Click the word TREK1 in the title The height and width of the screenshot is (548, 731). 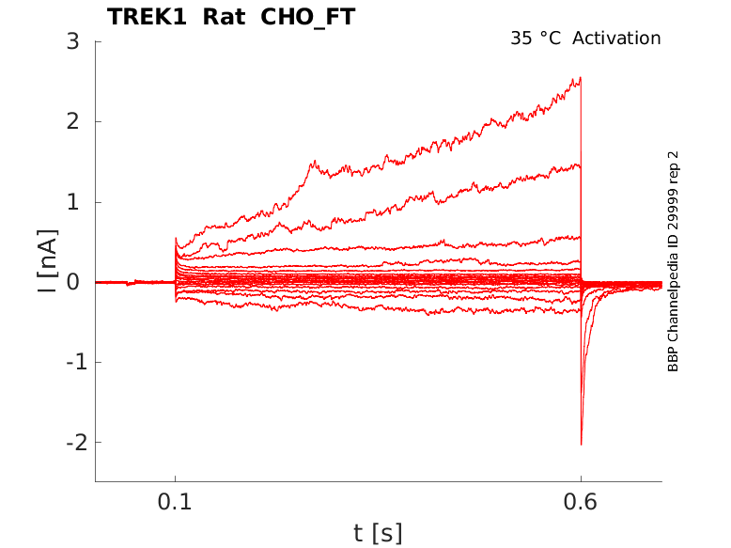coord(147,17)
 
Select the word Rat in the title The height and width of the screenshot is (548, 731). coord(224,17)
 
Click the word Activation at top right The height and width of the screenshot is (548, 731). coord(616,39)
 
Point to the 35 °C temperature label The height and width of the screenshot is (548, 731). coord(536,39)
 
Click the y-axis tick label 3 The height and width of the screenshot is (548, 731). coord(72,41)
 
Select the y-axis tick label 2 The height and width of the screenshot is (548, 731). coord(72,122)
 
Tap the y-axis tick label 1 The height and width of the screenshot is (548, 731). coord(73,202)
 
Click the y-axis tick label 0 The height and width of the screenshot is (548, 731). coord(72,282)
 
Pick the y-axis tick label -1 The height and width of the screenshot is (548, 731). coord(77,362)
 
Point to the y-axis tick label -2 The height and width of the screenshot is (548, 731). coord(77,442)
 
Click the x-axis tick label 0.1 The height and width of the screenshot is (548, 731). coord(175,502)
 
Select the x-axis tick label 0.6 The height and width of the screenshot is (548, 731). coord(581,502)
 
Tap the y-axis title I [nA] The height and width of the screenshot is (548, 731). coord(48,261)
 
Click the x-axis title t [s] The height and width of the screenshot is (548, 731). coord(378,533)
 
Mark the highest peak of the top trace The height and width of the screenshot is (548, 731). coord(580,78)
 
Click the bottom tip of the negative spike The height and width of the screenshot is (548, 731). coord(582,445)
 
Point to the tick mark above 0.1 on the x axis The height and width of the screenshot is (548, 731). coord(176,478)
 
